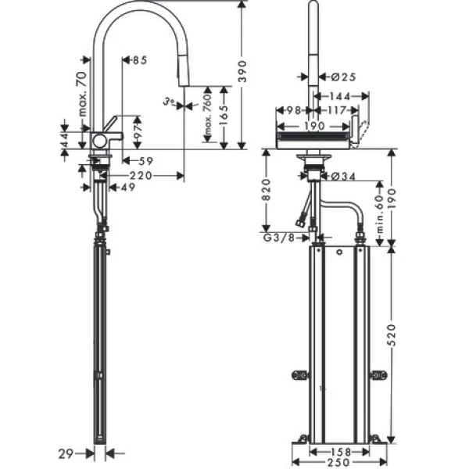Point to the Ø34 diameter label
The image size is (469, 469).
tap(343, 176)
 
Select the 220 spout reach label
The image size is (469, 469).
tap(143, 175)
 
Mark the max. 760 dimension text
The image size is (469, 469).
tap(208, 116)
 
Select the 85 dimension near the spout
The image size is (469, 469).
tap(140, 60)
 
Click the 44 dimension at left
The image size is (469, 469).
tap(66, 138)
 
